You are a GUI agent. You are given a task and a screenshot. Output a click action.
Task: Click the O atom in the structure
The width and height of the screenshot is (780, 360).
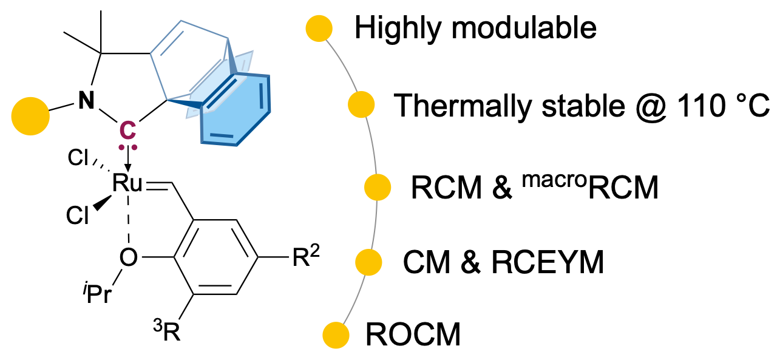(x=127, y=258)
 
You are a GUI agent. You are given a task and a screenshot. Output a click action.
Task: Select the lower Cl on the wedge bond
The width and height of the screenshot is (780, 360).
(x=78, y=216)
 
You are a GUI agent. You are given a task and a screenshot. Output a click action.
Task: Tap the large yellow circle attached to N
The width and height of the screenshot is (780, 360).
(x=30, y=116)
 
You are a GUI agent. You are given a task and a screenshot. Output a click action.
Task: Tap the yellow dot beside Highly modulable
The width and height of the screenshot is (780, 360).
(x=319, y=29)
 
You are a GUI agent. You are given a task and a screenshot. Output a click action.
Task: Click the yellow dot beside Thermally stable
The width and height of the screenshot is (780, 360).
(x=361, y=104)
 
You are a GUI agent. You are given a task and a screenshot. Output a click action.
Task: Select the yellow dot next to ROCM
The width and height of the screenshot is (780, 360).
(x=335, y=335)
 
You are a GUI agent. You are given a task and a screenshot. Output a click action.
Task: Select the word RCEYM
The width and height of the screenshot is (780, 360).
(x=546, y=262)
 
